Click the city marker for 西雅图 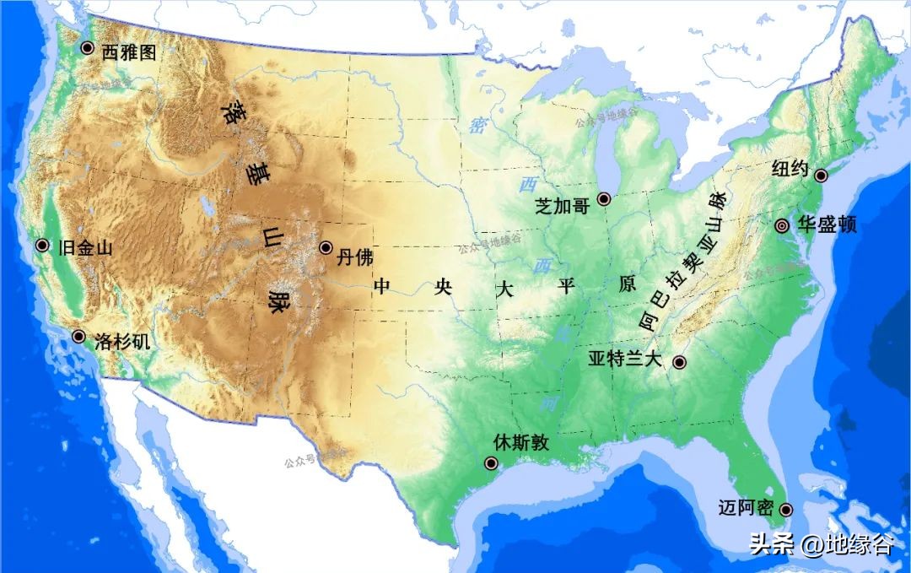(87, 48)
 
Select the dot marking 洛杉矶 (78, 336)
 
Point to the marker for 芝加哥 (604, 199)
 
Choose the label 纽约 (790, 169)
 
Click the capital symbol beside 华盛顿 (782, 225)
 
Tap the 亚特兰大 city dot (679, 362)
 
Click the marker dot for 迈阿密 (786, 510)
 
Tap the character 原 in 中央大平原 (628, 285)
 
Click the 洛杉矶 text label (123, 342)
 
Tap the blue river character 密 (477, 127)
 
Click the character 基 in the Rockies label (252, 174)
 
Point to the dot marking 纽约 (819, 175)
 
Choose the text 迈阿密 (745, 508)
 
